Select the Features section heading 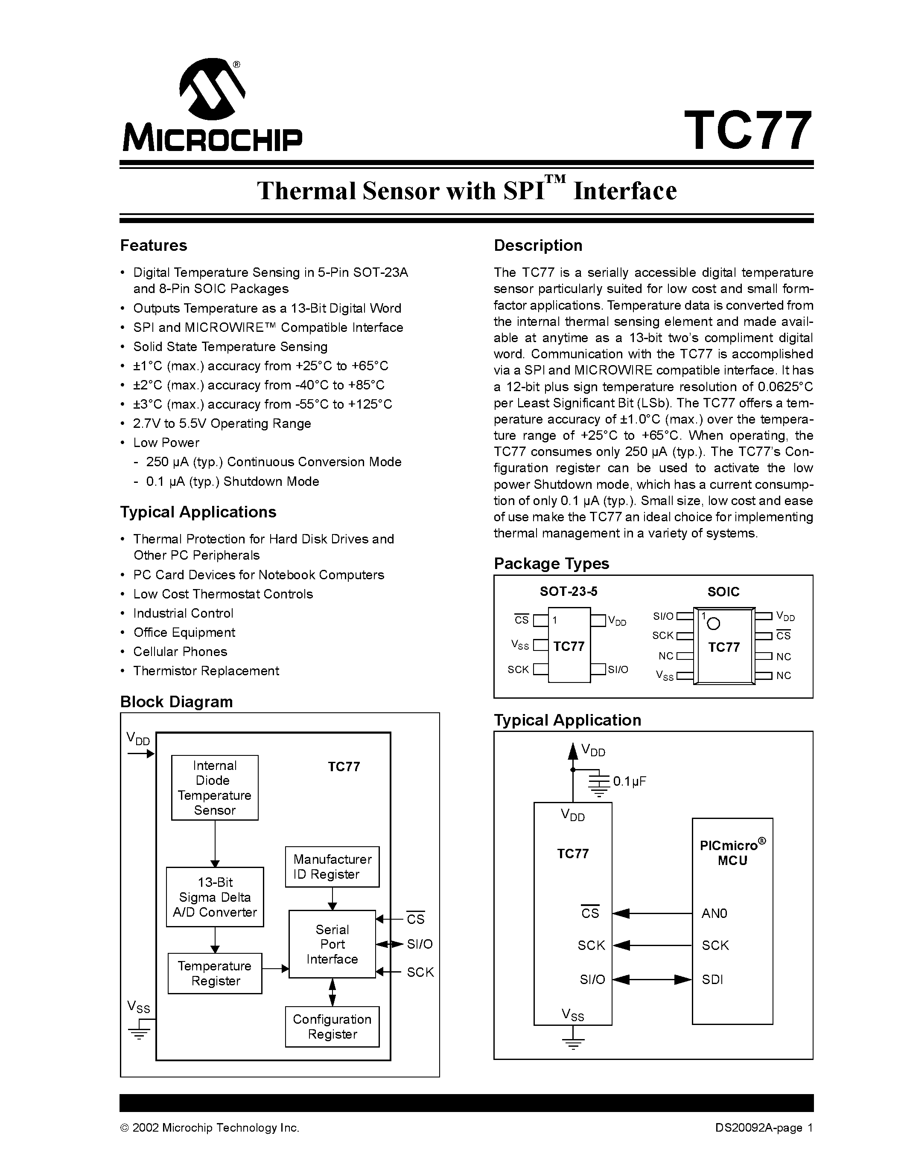154,245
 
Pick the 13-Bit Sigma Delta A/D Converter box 215,897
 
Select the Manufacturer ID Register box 332,867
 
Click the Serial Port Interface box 332,944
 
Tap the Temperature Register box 215,973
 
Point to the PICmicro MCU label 732,852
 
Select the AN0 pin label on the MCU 714,913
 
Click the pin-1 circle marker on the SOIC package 714,624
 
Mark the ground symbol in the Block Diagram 139,1033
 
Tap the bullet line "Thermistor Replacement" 206,671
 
